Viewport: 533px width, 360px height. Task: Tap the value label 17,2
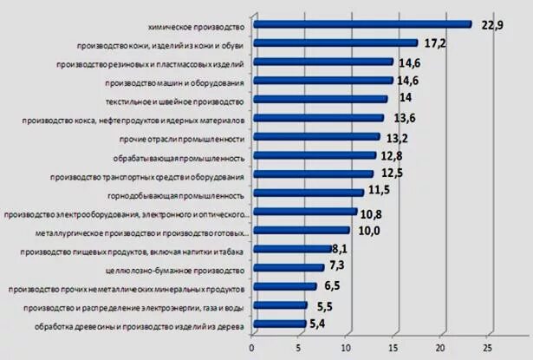(436, 43)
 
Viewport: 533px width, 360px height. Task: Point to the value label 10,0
(370, 231)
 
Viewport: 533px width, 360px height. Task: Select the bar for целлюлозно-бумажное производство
(288, 268)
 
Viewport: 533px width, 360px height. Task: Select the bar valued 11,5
(309, 193)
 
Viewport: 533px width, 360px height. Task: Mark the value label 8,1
(341, 250)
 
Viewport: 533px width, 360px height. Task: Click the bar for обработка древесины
(279, 324)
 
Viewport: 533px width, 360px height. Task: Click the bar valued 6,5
(284, 286)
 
